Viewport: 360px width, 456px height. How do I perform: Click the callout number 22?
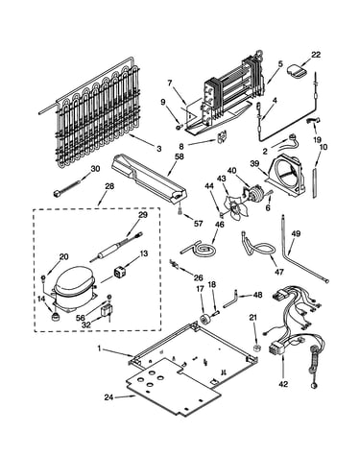tap(316, 55)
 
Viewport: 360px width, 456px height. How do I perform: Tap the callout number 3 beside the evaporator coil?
tap(159, 149)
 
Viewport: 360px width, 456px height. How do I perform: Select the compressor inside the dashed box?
tap(74, 287)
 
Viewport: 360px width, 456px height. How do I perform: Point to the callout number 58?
tap(180, 156)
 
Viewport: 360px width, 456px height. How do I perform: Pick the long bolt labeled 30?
tap(66, 188)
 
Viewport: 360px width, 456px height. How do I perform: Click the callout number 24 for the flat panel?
tap(108, 397)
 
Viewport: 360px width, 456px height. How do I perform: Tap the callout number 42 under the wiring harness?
tap(283, 384)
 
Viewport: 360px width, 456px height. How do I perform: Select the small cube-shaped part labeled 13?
tap(121, 272)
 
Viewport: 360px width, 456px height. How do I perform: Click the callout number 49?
tap(296, 234)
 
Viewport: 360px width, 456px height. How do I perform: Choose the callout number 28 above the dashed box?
tap(109, 186)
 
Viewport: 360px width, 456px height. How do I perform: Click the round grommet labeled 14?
tap(57, 317)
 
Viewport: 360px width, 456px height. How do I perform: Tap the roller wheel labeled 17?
tap(204, 319)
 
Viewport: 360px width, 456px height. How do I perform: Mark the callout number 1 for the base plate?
tap(99, 348)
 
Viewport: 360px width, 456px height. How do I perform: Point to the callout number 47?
tap(279, 272)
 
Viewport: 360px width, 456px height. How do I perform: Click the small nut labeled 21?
tap(256, 348)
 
